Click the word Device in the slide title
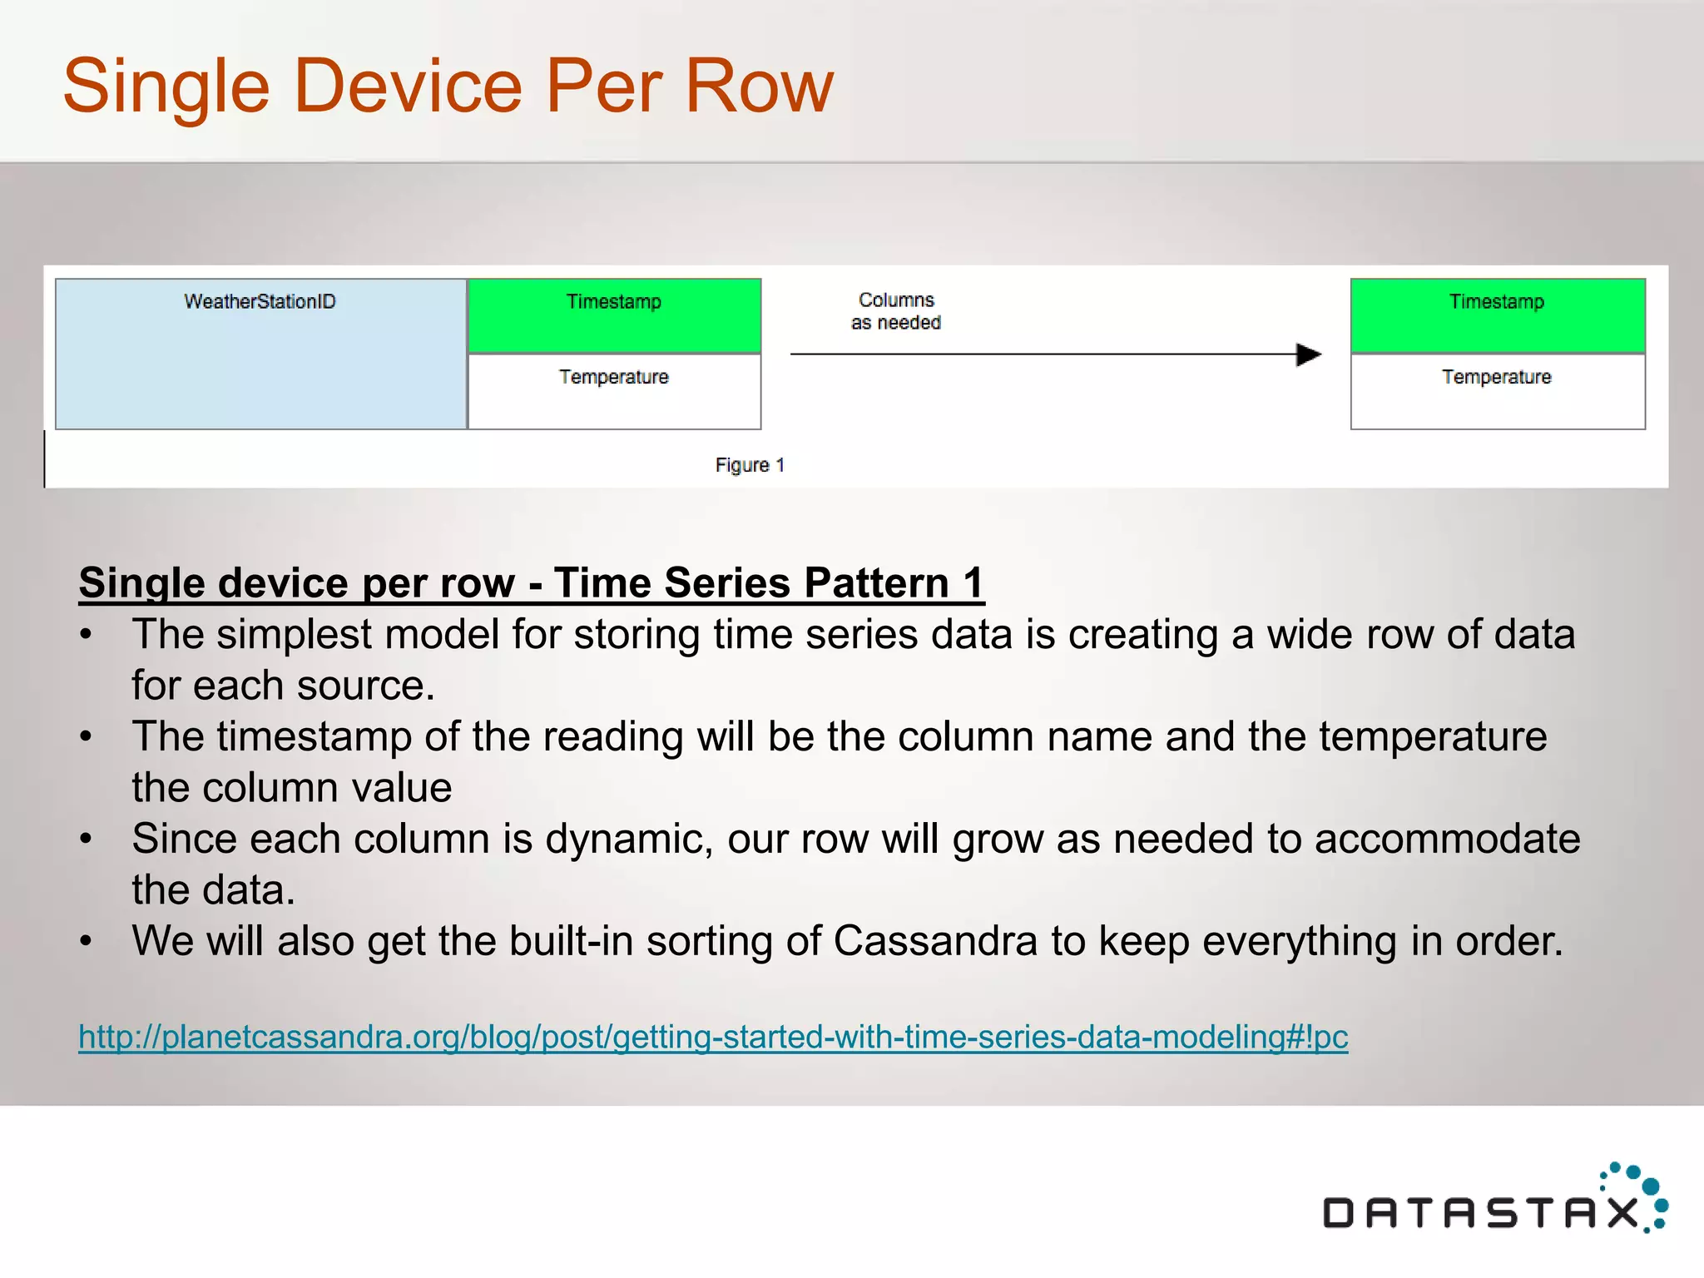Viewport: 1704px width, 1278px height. (408, 87)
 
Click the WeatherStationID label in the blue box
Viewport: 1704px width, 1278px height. (260, 301)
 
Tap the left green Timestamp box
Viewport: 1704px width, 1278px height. (614, 316)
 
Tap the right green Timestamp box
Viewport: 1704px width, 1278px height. (1497, 316)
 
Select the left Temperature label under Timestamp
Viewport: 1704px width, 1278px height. (614, 377)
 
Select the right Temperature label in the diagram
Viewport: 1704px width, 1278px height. (1497, 377)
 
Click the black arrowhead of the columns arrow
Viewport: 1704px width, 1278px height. (1309, 354)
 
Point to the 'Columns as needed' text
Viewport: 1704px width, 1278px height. (896, 311)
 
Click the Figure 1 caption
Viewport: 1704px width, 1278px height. (750, 465)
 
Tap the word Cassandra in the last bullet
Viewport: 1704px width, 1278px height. (935, 941)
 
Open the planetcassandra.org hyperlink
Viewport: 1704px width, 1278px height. (713, 1037)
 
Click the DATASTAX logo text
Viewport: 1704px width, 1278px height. (1481, 1213)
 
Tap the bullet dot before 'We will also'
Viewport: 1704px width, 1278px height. (86, 942)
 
